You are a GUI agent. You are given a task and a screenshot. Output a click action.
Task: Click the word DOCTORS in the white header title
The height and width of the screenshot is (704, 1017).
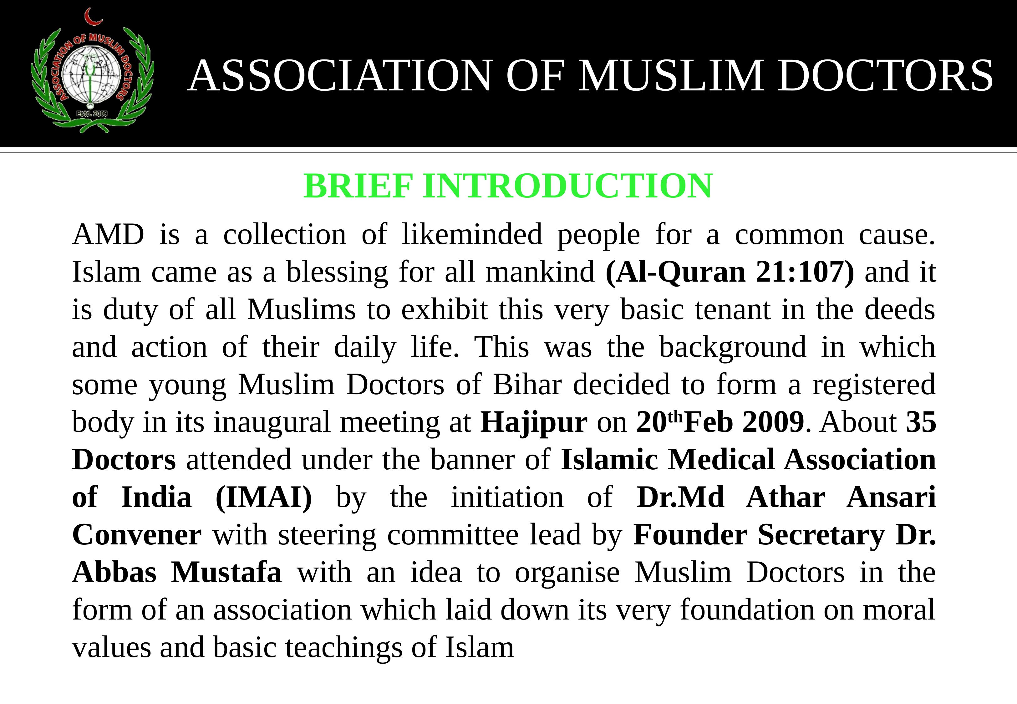(885, 76)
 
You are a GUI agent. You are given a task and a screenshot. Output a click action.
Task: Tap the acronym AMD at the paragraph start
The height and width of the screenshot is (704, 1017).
(108, 234)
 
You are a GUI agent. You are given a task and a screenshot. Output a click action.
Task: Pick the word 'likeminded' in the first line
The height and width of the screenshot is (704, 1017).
(472, 234)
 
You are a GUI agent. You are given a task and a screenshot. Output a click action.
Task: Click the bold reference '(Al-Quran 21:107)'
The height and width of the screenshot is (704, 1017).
(730, 272)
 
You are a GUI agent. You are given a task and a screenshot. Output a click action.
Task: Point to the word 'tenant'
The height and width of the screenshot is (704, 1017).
(732, 310)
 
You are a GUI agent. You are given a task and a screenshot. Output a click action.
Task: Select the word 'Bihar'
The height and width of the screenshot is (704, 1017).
(527, 385)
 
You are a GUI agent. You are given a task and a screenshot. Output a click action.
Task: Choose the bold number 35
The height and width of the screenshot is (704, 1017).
(921, 422)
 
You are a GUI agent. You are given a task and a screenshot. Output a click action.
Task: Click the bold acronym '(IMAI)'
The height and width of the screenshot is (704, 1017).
(264, 497)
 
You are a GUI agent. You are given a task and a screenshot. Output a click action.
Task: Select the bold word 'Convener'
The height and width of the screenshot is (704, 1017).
(137, 535)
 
